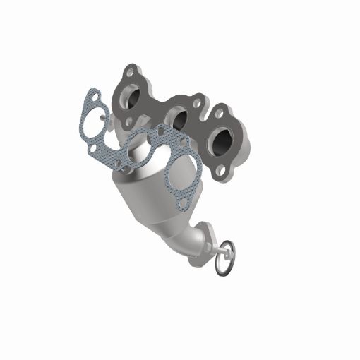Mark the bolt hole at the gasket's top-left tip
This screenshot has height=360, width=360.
pos(90,97)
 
